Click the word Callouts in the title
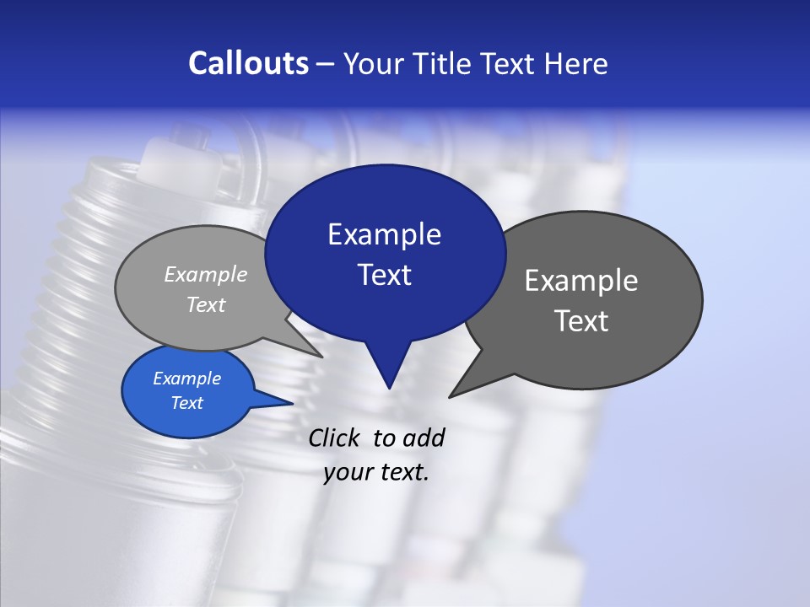(x=248, y=63)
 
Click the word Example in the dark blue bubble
(x=384, y=234)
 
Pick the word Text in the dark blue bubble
(x=384, y=275)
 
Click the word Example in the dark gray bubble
(x=580, y=281)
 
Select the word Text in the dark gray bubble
(x=580, y=321)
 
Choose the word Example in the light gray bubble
(x=206, y=274)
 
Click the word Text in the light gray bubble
(x=206, y=304)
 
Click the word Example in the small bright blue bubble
(x=186, y=379)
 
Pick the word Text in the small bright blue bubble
(x=186, y=403)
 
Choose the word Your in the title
(x=373, y=63)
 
